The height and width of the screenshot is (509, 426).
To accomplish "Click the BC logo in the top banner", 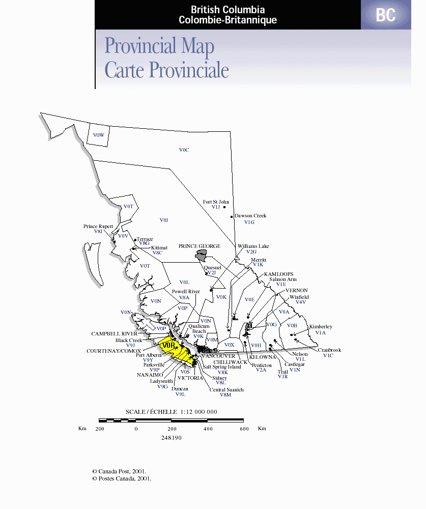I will [386, 15].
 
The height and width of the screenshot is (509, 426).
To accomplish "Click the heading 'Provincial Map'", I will [159, 46].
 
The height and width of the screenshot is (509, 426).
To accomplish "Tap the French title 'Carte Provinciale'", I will [166, 70].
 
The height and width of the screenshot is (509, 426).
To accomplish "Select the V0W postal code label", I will [98, 135].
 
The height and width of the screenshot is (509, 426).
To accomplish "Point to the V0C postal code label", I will [184, 150].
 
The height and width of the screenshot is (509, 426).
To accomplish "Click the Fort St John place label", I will [216, 202].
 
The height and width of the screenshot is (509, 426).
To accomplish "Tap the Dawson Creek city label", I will [250, 216].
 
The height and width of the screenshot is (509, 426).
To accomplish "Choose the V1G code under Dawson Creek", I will [249, 222].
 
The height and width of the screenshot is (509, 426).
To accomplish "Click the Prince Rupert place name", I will [98, 227].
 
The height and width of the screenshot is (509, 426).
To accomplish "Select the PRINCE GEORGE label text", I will [199, 246].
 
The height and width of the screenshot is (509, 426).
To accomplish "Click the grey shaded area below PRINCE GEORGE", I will [203, 258].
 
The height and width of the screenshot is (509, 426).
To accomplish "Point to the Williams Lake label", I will [253, 246].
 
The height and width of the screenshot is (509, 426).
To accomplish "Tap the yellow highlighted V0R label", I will [168, 345].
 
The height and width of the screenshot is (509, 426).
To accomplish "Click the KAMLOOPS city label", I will [278, 274].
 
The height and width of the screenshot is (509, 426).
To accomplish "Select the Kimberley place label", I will [321, 327].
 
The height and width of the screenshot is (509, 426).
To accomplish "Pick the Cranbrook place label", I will [329, 350].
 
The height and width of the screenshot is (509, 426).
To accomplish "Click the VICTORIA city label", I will [190, 378].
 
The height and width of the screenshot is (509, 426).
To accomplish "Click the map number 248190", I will [172, 438].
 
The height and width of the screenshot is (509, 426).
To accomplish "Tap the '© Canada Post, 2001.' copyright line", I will [119, 472].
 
